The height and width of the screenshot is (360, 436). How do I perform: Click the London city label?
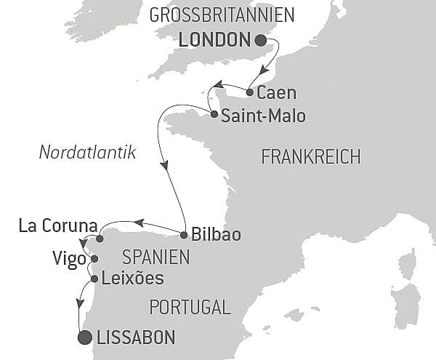pos(214,41)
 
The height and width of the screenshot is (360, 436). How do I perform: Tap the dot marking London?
pos(261,41)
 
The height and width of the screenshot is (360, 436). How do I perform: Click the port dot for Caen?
pos(250,92)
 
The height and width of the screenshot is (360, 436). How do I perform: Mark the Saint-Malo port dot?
pos(214,114)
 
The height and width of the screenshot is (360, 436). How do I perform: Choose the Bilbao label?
pos(216,235)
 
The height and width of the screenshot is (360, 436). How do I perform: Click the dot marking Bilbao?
pos(185,234)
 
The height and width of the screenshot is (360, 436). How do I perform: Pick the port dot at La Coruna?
pos(100,239)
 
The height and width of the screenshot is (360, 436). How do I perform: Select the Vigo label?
pos(69,259)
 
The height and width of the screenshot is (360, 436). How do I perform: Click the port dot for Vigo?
pos(94,258)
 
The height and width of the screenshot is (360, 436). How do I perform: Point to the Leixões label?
pos(133,278)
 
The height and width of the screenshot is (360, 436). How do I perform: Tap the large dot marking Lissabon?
pos(85,337)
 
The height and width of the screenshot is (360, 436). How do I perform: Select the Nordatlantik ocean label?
pos(89,153)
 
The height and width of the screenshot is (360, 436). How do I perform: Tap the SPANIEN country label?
pos(156,257)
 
